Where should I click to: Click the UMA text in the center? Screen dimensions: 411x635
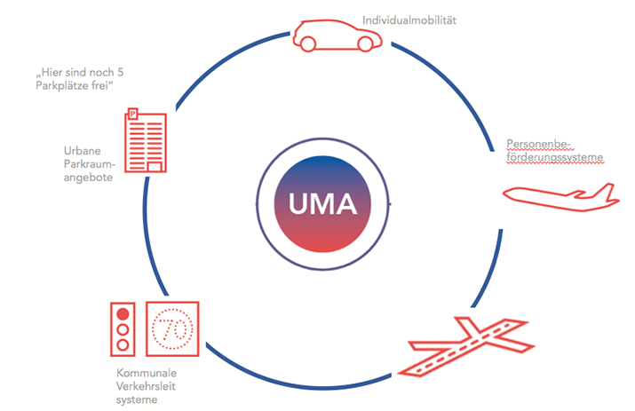coord(322,205)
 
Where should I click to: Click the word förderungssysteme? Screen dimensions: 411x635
coord(555,157)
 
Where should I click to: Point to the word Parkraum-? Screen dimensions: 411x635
coord(88,163)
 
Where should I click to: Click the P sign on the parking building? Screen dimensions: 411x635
coord(133,115)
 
